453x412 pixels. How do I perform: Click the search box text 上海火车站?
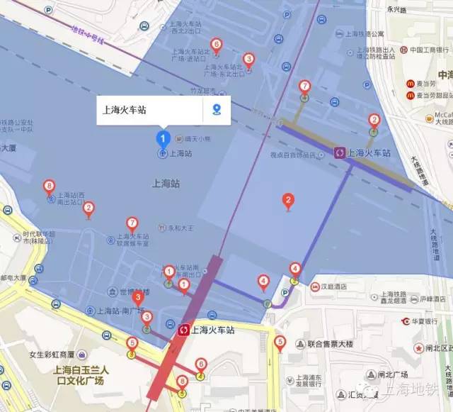[x=126, y=110]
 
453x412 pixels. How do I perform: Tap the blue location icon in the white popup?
[x=217, y=110]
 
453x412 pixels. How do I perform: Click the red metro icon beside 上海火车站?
[x=185, y=330]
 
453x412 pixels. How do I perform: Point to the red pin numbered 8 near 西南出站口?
[x=49, y=186]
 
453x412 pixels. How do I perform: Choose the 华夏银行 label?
[x=423, y=320]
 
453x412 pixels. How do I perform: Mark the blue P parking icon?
[x=285, y=293]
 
